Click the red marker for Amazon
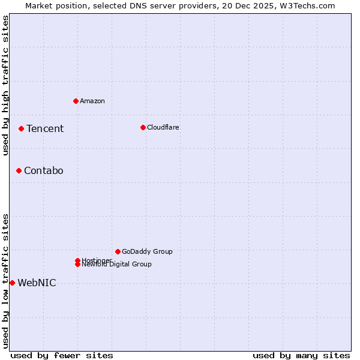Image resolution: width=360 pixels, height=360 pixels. point(76,101)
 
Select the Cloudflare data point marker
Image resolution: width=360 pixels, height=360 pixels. point(143,127)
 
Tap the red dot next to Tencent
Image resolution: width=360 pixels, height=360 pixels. point(21,128)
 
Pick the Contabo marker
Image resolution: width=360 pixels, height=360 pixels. point(19,171)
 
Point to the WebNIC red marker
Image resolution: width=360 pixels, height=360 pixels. point(12,283)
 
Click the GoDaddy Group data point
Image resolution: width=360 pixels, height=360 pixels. point(118,251)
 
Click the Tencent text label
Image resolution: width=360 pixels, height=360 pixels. point(45,128)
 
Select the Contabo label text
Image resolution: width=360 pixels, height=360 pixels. point(44,171)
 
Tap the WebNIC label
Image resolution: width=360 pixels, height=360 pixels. point(37,283)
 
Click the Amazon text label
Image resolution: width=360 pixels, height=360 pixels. point(92,101)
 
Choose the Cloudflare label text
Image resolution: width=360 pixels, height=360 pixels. point(163,127)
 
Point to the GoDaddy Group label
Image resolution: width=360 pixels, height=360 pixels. point(147,251)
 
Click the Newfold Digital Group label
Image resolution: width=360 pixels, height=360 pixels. point(117,265)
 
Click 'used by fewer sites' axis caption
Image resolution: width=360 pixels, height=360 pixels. point(62,355)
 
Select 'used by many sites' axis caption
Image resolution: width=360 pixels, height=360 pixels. point(301,355)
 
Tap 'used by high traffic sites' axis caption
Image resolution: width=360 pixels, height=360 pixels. point(5,85)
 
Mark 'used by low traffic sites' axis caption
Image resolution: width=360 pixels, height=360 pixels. point(5,281)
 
